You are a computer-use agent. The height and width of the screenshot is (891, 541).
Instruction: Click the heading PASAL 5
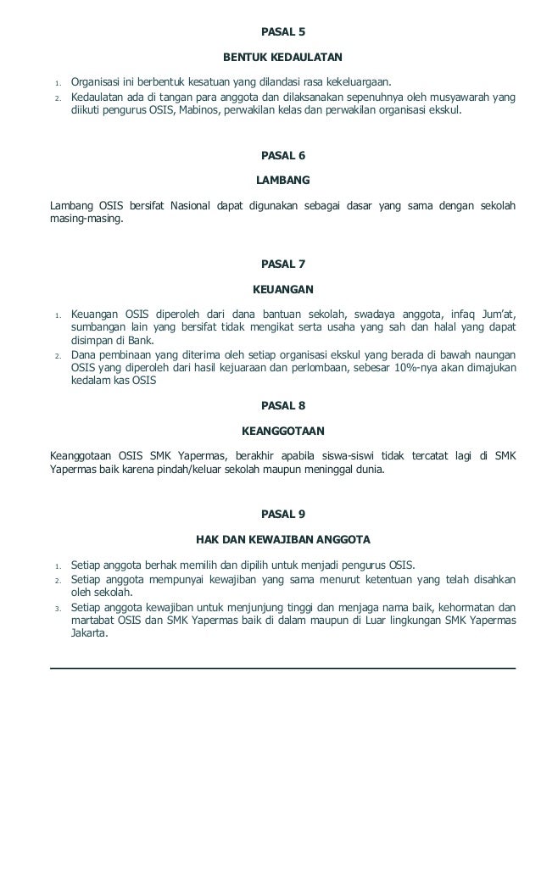pyautogui.click(x=282, y=32)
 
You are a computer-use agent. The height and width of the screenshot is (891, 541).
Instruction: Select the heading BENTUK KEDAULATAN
pyautogui.click(x=282, y=58)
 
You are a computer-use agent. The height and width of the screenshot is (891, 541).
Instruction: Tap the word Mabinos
pyautogui.click(x=197, y=110)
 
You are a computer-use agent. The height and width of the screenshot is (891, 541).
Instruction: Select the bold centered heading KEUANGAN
pyautogui.click(x=282, y=289)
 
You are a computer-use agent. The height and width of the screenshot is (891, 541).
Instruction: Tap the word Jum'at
pyautogui.click(x=495, y=315)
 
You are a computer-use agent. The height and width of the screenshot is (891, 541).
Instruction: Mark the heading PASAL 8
pyautogui.click(x=282, y=405)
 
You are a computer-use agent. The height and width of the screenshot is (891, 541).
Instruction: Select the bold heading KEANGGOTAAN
pyautogui.click(x=282, y=431)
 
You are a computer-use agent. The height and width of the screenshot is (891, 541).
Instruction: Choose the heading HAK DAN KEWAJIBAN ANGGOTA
pyautogui.click(x=282, y=539)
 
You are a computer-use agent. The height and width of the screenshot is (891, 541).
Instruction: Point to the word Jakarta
pyautogui.click(x=89, y=633)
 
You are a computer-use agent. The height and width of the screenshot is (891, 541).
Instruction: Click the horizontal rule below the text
pyautogui.click(x=282, y=668)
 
